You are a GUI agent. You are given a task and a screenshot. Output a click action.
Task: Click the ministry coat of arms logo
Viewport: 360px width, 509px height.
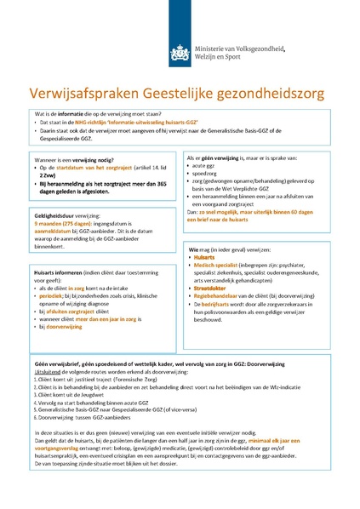pos(179,52)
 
